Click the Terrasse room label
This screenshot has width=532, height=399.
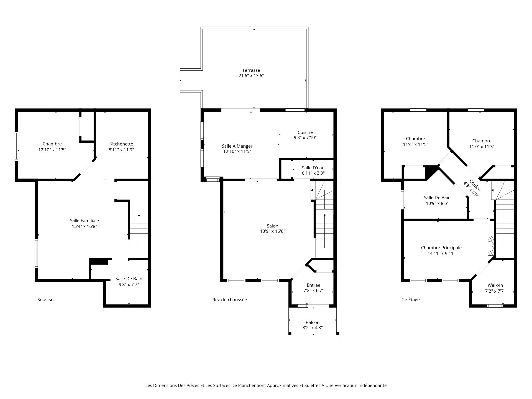251,70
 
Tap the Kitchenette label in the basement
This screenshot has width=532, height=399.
121,144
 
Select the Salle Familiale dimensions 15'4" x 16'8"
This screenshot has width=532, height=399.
84,226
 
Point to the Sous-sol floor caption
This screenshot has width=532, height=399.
46,300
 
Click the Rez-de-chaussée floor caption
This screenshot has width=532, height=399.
230,300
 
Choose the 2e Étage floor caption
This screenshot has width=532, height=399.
411,300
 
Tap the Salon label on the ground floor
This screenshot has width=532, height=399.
272,226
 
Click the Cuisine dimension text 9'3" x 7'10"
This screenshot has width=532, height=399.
305,137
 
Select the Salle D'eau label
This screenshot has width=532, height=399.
313,168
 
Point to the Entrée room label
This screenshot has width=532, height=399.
313,285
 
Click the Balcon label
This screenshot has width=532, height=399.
313,322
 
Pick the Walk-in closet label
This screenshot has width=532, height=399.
495,285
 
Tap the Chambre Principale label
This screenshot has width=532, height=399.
441,248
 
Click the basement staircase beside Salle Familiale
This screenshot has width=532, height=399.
139,231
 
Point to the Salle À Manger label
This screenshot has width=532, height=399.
237,146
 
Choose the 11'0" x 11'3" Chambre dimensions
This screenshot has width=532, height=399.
482,147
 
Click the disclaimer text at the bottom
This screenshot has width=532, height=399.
266,385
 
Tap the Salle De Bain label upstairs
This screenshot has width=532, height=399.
437,198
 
